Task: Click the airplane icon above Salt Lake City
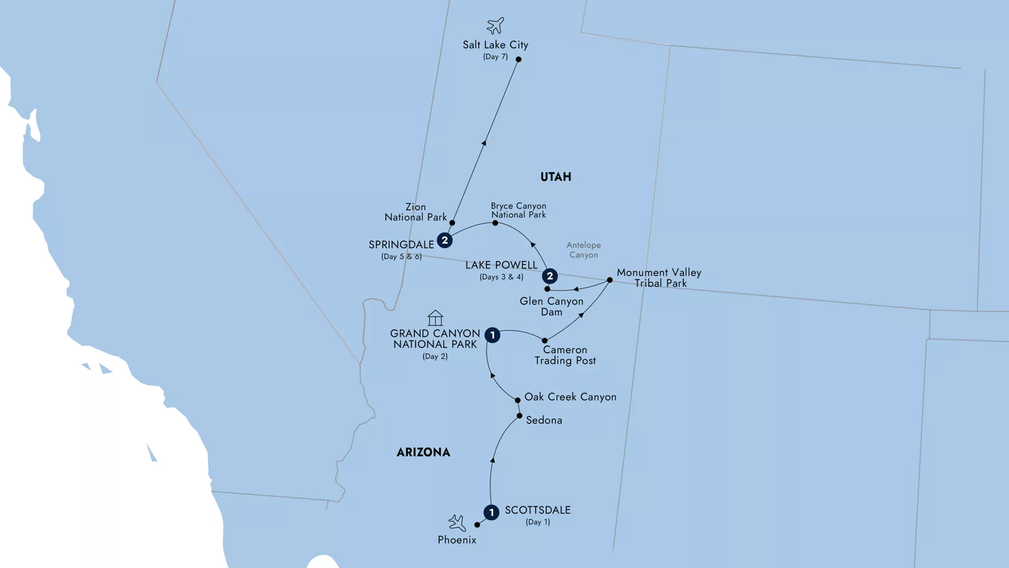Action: [495, 25]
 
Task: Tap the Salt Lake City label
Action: [495, 45]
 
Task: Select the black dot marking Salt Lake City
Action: [518, 59]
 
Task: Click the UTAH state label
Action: [555, 177]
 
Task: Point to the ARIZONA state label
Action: [423, 452]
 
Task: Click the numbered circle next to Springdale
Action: [444, 240]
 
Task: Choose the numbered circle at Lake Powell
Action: [549, 276]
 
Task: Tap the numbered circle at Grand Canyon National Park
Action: [492, 335]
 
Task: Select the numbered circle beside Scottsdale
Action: [491, 513]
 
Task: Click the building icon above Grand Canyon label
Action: [435, 318]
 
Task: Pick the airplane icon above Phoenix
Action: [457, 523]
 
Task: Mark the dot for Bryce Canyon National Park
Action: [495, 223]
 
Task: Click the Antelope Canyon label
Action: [584, 250]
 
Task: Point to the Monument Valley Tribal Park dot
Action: [610, 280]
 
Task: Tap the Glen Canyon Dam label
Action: [552, 306]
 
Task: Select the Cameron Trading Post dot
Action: [545, 341]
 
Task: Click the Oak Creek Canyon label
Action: [570, 397]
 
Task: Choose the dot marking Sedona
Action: [519, 416]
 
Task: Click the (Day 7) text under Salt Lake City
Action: [495, 56]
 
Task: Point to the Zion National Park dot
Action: [453, 223]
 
